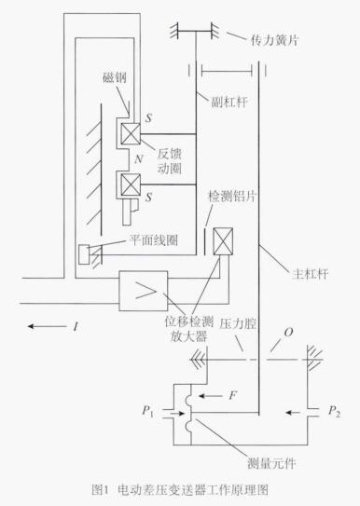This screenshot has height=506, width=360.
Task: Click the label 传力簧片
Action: click(274, 40)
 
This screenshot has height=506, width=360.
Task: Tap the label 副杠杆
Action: click(229, 102)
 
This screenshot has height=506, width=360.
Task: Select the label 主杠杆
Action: click(310, 274)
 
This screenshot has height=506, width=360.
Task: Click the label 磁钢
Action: click(115, 77)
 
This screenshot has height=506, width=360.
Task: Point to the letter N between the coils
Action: click(139, 158)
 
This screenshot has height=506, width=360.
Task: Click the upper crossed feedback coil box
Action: click(131, 133)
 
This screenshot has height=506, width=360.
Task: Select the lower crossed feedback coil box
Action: click(131, 185)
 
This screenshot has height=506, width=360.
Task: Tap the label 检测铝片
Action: click(232, 196)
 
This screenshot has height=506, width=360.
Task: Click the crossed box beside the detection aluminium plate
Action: click(223, 241)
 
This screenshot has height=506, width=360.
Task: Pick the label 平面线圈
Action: click(153, 240)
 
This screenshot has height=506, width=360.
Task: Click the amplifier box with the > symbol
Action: click(144, 291)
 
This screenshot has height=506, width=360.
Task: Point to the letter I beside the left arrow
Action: click(76, 327)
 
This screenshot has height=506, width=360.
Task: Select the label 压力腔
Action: click(238, 323)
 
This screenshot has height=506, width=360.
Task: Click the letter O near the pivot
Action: click(288, 332)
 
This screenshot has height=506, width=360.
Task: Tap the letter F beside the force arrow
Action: click(233, 395)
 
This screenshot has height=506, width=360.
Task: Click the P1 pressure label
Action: click(147, 412)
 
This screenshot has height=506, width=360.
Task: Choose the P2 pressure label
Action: click(334, 412)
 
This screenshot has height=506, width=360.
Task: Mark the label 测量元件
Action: click(271, 464)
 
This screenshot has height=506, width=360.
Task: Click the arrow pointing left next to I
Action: click(48, 326)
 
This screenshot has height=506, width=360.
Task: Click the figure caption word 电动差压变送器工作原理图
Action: click(193, 490)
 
